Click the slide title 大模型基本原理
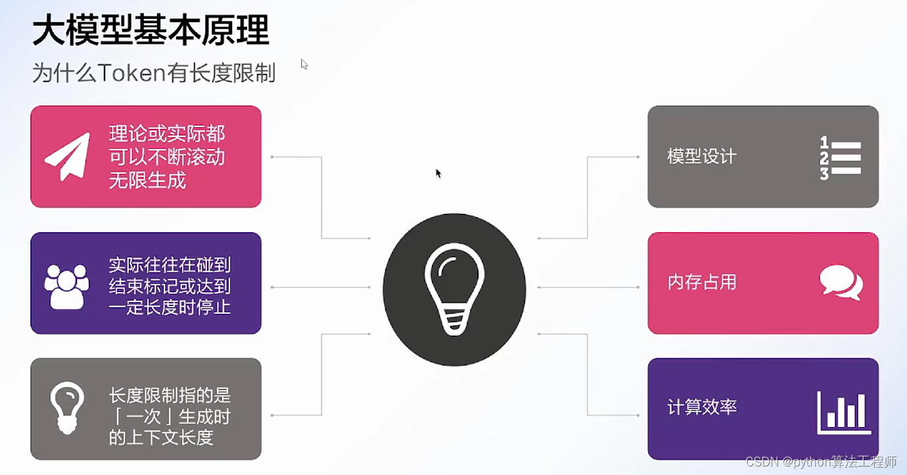point(151,32)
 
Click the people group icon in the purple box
point(66,286)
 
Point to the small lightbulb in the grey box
point(67,408)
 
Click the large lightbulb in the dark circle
point(454,289)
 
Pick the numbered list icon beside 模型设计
point(840,158)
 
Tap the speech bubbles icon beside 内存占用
point(841,282)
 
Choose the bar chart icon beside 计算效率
point(844,413)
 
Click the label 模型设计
point(702,157)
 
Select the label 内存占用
point(702,282)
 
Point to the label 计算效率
point(702,407)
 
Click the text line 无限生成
point(148,180)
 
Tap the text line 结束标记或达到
point(170,286)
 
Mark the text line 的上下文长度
point(161,438)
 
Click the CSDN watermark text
point(822,462)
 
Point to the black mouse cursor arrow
point(438,173)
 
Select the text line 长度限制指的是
point(170,395)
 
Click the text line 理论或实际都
point(167,134)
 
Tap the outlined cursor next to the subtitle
point(304,64)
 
